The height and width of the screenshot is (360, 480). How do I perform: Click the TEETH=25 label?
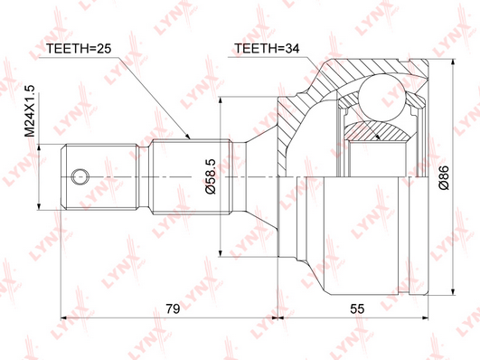[79, 49]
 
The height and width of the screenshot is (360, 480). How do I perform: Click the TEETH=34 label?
[267, 49]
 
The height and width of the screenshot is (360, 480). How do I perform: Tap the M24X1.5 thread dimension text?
[31, 111]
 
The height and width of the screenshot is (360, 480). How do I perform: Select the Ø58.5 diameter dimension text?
[211, 176]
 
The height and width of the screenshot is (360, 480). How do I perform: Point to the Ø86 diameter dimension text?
[444, 177]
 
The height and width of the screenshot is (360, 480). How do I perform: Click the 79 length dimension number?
[173, 308]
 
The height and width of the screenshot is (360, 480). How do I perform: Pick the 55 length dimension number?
[357, 308]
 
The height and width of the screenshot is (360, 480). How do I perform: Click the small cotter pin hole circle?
[80, 176]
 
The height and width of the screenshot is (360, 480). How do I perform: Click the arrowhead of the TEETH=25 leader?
[188, 137]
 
